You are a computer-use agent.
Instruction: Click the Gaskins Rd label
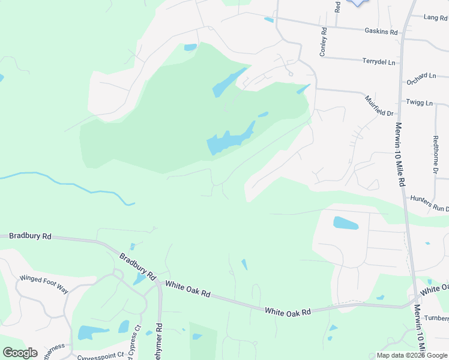pyautogui.click(x=381, y=31)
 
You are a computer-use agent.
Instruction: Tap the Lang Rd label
pyautogui.click(x=436, y=18)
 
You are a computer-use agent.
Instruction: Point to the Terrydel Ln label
pyautogui.click(x=379, y=61)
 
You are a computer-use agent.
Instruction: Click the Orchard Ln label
pyautogui.click(x=421, y=77)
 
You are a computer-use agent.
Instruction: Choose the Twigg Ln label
pyautogui.click(x=419, y=103)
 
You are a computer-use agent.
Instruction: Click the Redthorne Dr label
pyautogui.click(x=436, y=155)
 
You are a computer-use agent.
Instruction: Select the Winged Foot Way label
pyautogui.click(x=44, y=282)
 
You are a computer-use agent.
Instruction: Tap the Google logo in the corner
pyautogui.click(x=20, y=353)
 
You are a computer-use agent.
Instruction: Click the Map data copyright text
pyautogui.click(x=412, y=355)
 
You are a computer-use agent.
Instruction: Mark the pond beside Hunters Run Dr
pyautogui.click(x=346, y=223)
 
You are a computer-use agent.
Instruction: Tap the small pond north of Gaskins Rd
pyautogui.click(x=269, y=20)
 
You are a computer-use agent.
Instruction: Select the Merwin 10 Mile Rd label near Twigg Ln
pyautogui.click(x=399, y=154)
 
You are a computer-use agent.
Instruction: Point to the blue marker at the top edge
pyautogui.click(x=358, y=2)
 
